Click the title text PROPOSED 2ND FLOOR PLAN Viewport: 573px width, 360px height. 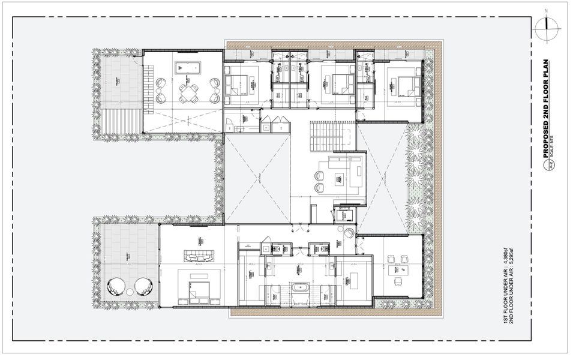click(x=547, y=108)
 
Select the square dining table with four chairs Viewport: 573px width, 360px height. click(x=189, y=94)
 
